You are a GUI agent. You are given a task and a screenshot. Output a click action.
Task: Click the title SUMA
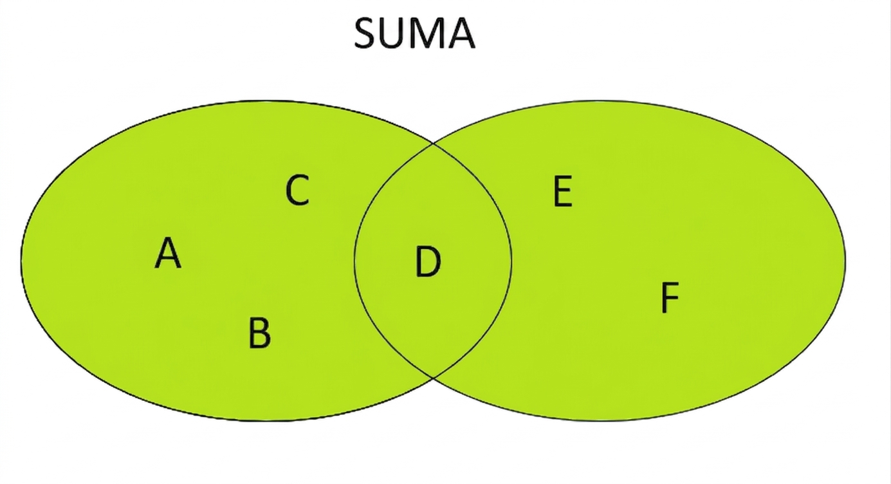[414, 33]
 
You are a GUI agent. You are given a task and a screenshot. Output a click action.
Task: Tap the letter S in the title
[365, 33]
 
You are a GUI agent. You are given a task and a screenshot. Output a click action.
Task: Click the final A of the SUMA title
[461, 33]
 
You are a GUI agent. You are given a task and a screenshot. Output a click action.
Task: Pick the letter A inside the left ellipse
[168, 253]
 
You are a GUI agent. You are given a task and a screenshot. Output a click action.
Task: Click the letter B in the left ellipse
[260, 333]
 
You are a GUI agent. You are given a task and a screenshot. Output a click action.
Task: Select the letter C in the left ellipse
[297, 190]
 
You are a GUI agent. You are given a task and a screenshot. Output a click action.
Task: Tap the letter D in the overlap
[428, 261]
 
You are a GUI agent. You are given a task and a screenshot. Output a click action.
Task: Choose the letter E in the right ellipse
[563, 191]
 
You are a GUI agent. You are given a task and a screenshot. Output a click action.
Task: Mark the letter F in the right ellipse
[670, 297]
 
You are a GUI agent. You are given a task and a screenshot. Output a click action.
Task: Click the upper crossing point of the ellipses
[433, 144]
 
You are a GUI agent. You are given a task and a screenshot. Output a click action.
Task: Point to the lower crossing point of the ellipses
[433, 377]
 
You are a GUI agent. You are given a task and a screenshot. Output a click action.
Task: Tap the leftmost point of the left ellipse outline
[21, 261]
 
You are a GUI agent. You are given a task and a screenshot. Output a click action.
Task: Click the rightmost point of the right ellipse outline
[845, 261]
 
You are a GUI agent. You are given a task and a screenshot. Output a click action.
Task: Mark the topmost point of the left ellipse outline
[266, 100]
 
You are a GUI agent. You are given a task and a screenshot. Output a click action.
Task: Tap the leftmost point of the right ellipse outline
[354, 261]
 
